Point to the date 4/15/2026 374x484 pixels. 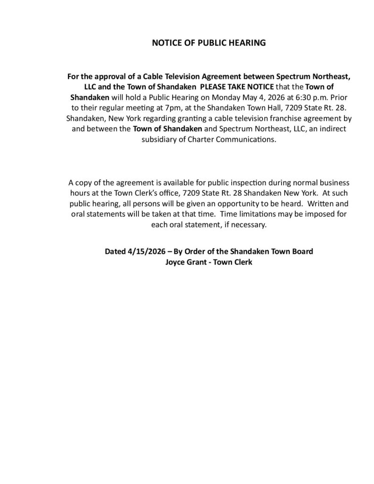click(143, 251)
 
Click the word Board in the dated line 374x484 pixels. click(303, 251)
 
